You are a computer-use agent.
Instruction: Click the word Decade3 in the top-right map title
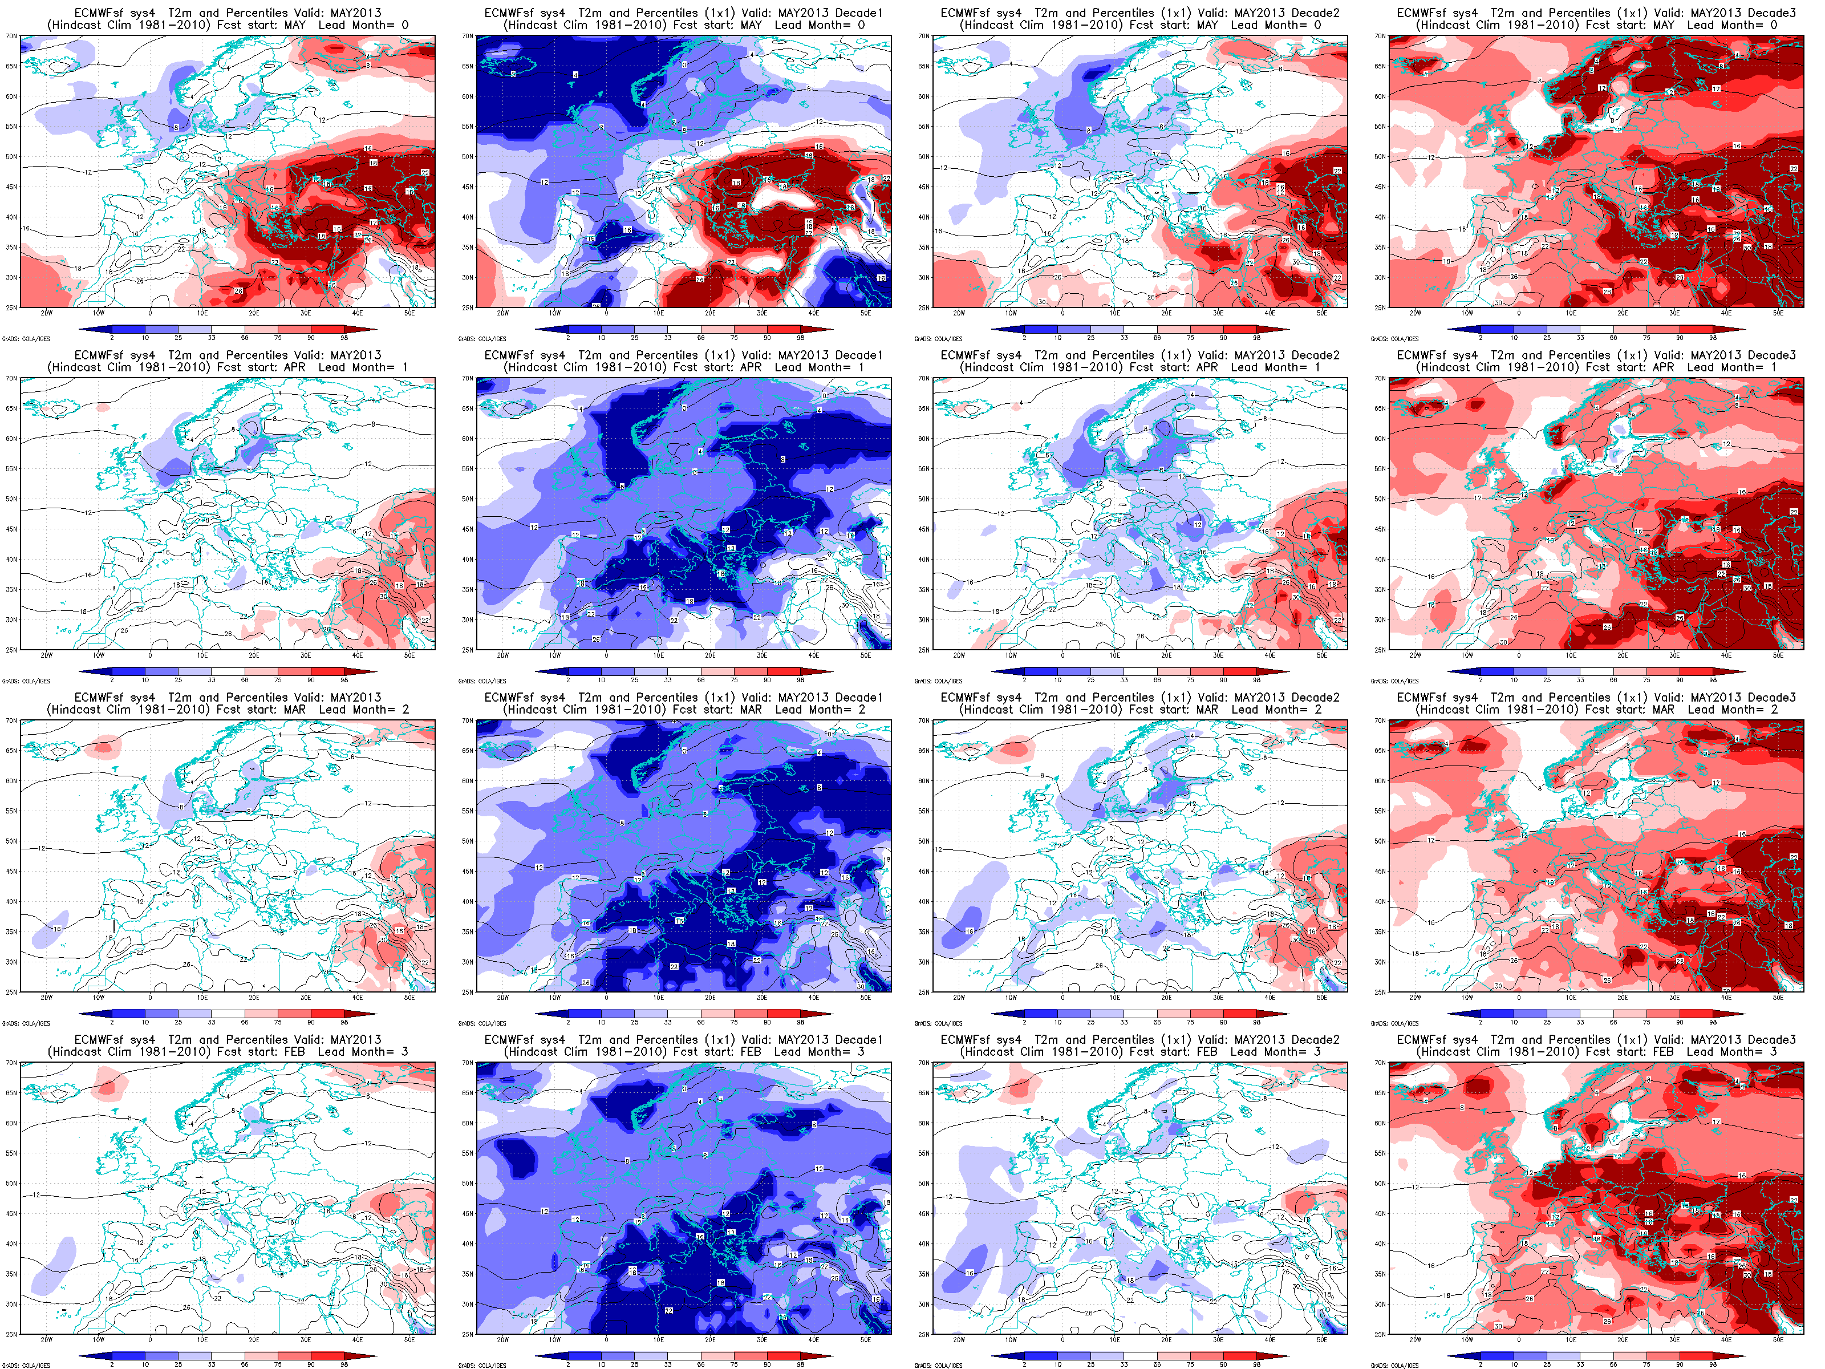[x=1771, y=13]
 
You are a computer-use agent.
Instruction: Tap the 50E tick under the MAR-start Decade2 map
[x=1322, y=998]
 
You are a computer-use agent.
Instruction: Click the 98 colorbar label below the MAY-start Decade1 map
[x=800, y=338]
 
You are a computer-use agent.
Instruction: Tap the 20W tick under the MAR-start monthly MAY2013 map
[x=46, y=998]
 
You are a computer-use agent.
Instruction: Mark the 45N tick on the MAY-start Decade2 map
[x=923, y=187]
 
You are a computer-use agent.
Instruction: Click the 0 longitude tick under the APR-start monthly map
[x=150, y=655]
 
